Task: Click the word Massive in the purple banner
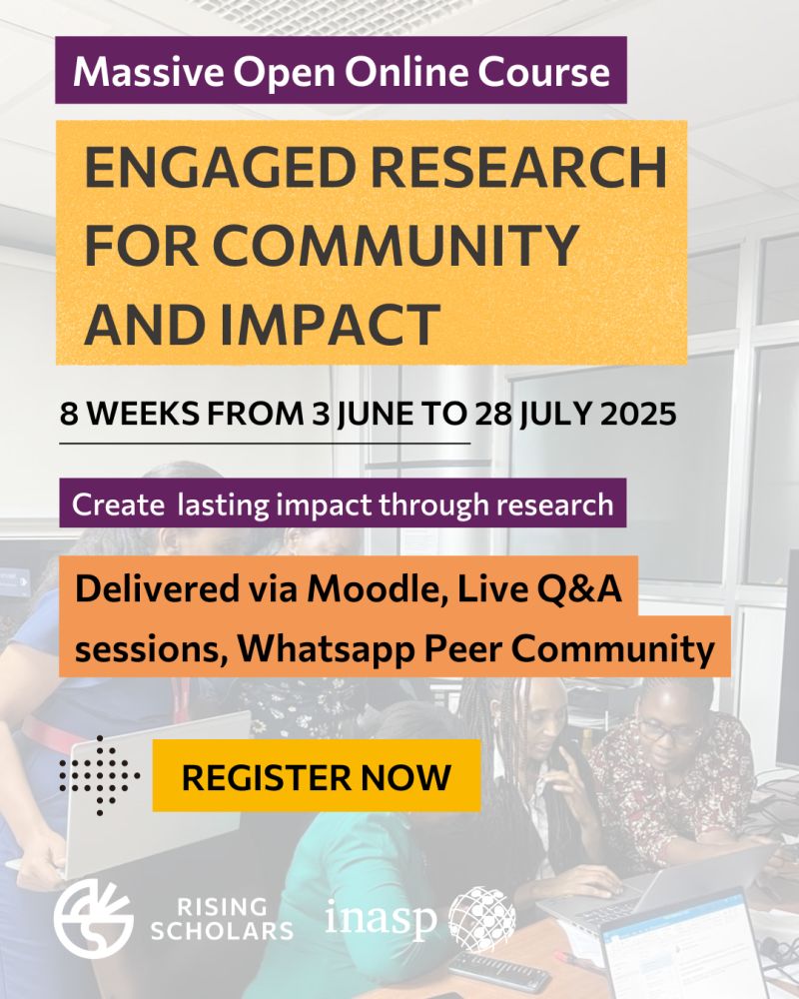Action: click(148, 71)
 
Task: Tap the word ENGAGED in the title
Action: click(220, 167)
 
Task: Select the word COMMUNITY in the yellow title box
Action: click(396, 246)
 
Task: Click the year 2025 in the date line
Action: click(639, 415)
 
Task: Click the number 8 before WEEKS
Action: click(69, 415)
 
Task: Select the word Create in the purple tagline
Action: click(118, 504)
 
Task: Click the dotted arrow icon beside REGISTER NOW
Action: click(100, 775)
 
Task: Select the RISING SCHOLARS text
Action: click(222, 919)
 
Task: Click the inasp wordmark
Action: click(381, 918)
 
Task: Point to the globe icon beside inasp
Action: click(482, 919)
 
